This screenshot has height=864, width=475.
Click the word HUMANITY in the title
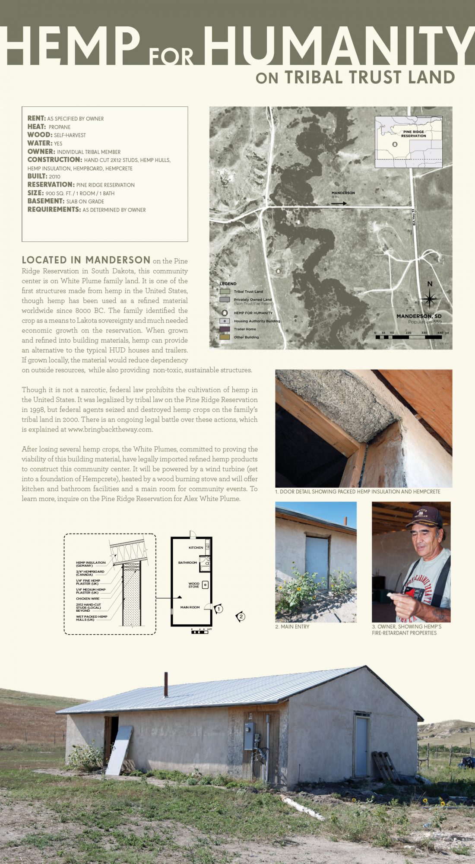tap(339, 45)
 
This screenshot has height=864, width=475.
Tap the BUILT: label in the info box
tap(38, 176)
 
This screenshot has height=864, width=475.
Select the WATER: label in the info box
tap(40, 143)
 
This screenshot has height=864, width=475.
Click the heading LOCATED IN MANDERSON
tap(86, 260)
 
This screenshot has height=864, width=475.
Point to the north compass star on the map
tap(429, 299)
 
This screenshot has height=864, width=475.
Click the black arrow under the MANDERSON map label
tap(339, 203)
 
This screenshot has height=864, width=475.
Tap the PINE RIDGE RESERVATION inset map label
tap(413, 134)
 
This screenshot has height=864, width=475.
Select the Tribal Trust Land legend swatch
tap(225, 292)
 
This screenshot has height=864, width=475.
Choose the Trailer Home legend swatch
tap(225, 329)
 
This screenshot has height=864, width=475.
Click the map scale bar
tap(408, 337)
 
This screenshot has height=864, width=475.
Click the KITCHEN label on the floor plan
tap(196, 547)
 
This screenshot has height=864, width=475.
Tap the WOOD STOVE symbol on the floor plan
tap(205, 585)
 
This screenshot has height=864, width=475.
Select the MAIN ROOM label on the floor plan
tap(190, 607)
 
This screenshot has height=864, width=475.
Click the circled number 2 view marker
tap(241, 616)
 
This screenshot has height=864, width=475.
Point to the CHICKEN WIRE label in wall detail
tap(88, 599)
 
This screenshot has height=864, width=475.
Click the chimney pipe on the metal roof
tap(166, 684)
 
